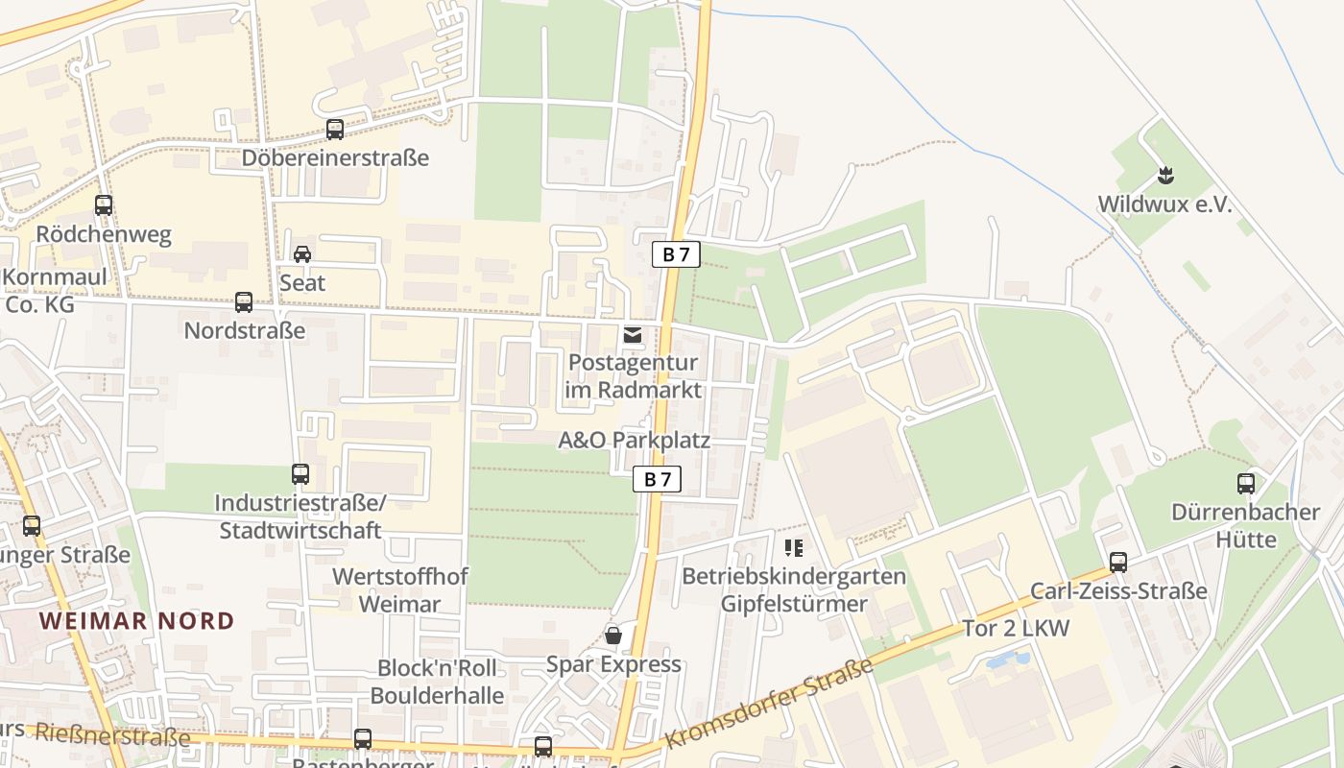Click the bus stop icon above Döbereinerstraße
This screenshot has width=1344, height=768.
[335, 129]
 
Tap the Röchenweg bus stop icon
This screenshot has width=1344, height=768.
[104, 204]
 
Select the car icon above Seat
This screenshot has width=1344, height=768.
[302, 254]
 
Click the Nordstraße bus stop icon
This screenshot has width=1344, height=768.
[244, 302]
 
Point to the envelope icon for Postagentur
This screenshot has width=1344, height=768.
[633, 335]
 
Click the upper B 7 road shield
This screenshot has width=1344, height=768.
[676, 254]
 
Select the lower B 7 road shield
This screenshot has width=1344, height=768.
[658, 479]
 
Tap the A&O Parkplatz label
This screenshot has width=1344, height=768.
[635, 441]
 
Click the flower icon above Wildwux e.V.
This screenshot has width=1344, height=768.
[1165, 176]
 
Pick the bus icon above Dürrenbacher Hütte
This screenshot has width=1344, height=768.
[1246, 484]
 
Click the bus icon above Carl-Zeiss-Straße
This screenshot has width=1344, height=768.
[1118, 563]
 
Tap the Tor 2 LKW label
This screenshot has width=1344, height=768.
[1016, 629]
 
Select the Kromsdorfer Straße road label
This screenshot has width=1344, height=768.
[769, 703]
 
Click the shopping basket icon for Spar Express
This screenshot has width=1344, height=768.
[613, 636]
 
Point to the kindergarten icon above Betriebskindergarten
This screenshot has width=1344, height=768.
[794, 548]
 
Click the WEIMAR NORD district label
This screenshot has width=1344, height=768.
[137, 620]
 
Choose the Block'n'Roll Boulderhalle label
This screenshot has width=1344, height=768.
[437, 681]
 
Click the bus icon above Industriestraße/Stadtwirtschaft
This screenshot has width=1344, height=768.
[300, 474]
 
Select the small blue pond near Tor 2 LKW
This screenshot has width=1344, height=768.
[1007, 660]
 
